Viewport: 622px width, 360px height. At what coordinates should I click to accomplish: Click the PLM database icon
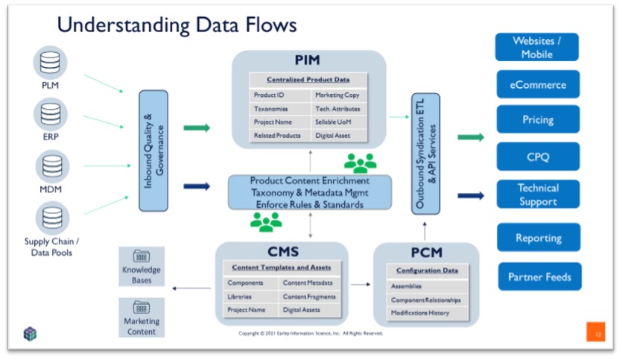pos(50,63)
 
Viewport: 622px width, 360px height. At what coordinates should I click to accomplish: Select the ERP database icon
pos(50,113)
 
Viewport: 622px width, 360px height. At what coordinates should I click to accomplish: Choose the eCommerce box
pos(537,85)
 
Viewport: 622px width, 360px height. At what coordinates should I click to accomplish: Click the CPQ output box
pos(538,157)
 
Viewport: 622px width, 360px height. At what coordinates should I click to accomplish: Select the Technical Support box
pos(538,195)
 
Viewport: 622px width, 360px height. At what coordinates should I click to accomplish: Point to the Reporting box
pos(539,238)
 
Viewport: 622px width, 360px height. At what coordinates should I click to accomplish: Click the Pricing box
pos(538,119)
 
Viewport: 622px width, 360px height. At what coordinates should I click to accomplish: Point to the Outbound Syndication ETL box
pos(425,153)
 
